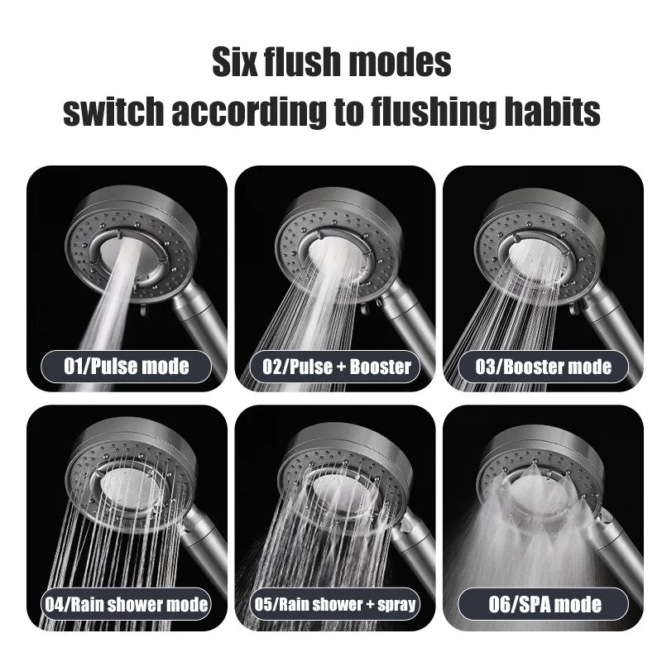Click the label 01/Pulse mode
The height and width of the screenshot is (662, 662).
(127, 365)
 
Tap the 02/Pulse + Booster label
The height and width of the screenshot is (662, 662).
(335, 367)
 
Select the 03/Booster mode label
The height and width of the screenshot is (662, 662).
(544, 366)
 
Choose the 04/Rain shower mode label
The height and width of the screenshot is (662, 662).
(127, 605)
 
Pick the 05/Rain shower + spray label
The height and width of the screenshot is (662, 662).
(335, 605)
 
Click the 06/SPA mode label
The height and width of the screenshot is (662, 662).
(544, 604)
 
